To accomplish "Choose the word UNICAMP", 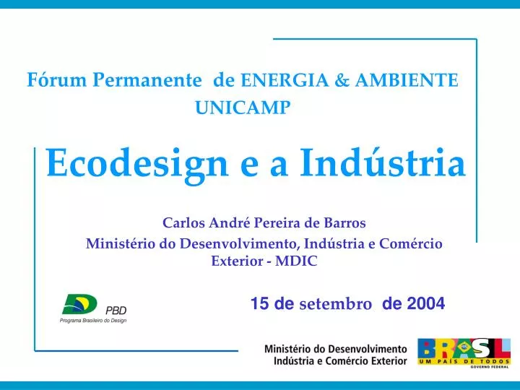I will point(243,108).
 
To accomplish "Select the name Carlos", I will point(181,222).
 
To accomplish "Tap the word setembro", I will point(335,305).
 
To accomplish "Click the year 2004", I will point(425,305).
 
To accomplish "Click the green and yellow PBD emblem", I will point(79,304).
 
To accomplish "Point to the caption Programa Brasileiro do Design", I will point(92,320).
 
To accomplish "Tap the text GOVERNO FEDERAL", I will point(490,367).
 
